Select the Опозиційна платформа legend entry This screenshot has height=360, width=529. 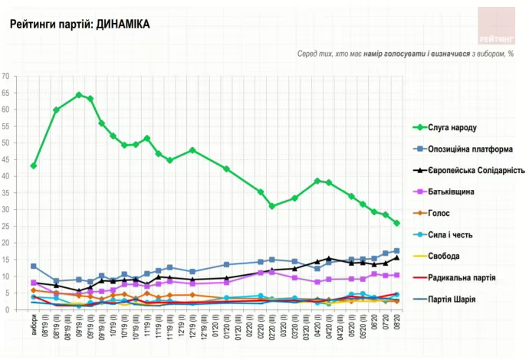tap(467, 149)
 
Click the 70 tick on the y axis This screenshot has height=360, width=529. tap(5, 77)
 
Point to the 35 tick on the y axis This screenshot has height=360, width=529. tap(5, 193)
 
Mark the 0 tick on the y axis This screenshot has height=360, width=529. tap(7, 309)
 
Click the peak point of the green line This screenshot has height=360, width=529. tap(79, 95)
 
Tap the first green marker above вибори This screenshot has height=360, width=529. tap(34, 165)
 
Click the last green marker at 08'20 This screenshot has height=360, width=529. tap(396, 223)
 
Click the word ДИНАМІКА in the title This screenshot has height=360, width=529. tap(121, 25)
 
